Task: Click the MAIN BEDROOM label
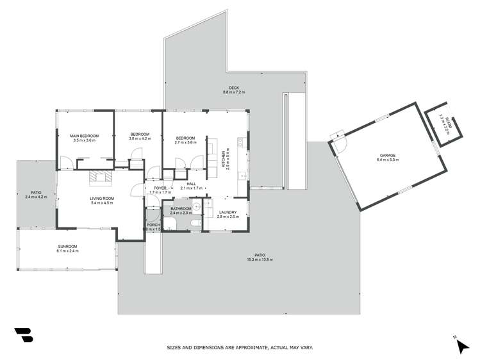84,136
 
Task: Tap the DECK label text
234,88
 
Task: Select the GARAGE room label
387,156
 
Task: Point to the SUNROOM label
67,247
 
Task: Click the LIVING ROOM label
102,199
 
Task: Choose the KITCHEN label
224,156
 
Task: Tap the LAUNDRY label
228,212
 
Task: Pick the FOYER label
160,188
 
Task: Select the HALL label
191,184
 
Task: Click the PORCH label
153,225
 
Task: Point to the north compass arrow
461,346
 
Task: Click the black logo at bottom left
23,336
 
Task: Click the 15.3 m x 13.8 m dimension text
260,259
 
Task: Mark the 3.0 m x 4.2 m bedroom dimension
139,138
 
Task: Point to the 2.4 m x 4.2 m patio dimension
37,197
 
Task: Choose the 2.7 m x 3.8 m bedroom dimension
185,142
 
